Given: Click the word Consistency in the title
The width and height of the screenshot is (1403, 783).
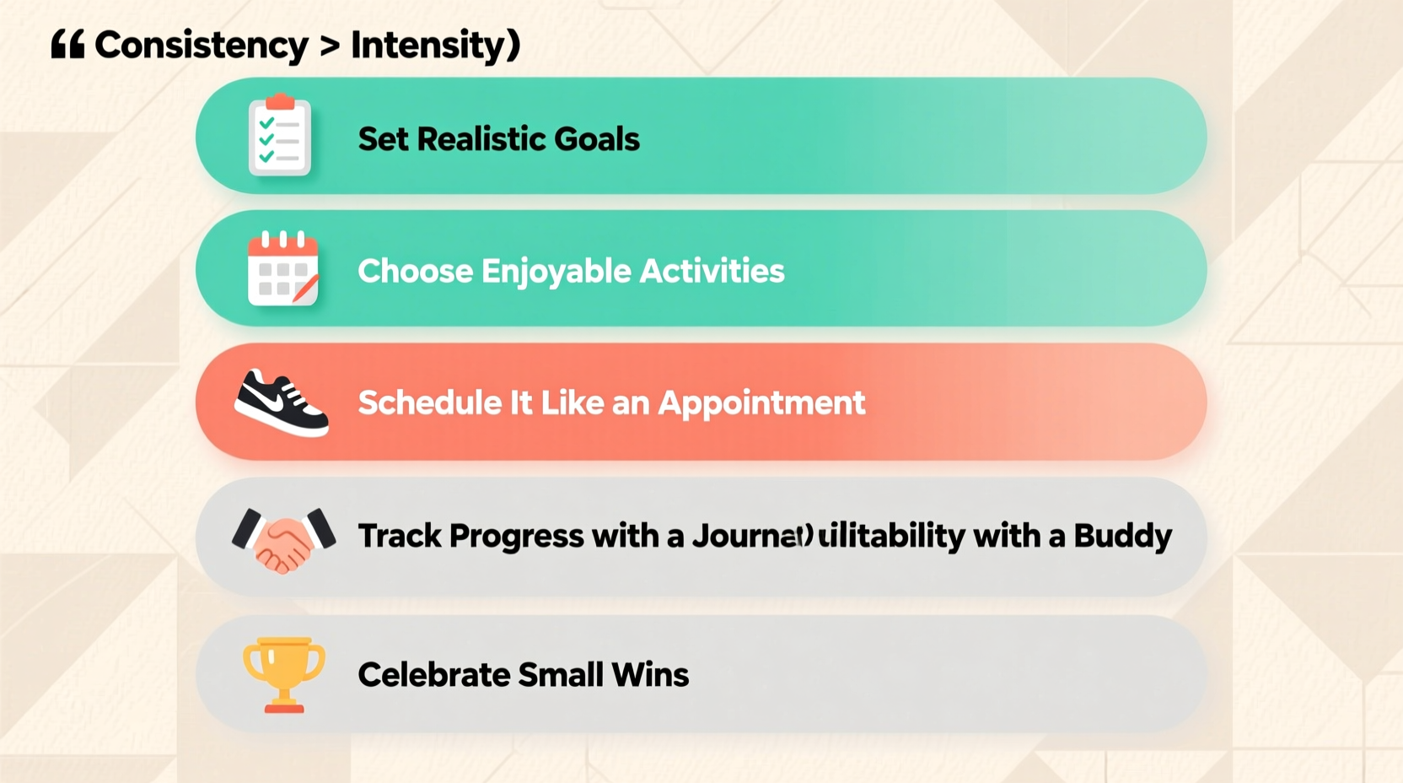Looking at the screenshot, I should [x=201, y=46].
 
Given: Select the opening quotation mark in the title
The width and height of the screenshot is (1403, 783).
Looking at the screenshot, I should [x=67, y=44].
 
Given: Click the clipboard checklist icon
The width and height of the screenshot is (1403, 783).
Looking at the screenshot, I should [x=280, y=137].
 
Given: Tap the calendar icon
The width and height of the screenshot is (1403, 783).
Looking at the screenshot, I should [x=282, y=268].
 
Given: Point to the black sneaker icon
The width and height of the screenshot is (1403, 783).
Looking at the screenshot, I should [x=282, y=403].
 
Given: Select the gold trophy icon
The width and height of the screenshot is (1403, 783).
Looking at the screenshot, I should [x=284, y=674].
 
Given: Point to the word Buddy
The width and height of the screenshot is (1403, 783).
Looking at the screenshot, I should [x=1122, y=537].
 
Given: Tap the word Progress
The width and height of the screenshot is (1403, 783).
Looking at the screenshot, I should [x=516, y=537].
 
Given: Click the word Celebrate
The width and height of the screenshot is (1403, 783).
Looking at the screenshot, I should [x=433, y=675].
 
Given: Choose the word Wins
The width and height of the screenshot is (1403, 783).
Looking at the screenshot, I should [x=650, y=675].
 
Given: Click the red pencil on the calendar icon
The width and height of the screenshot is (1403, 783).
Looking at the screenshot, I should [x=304, y=289].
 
